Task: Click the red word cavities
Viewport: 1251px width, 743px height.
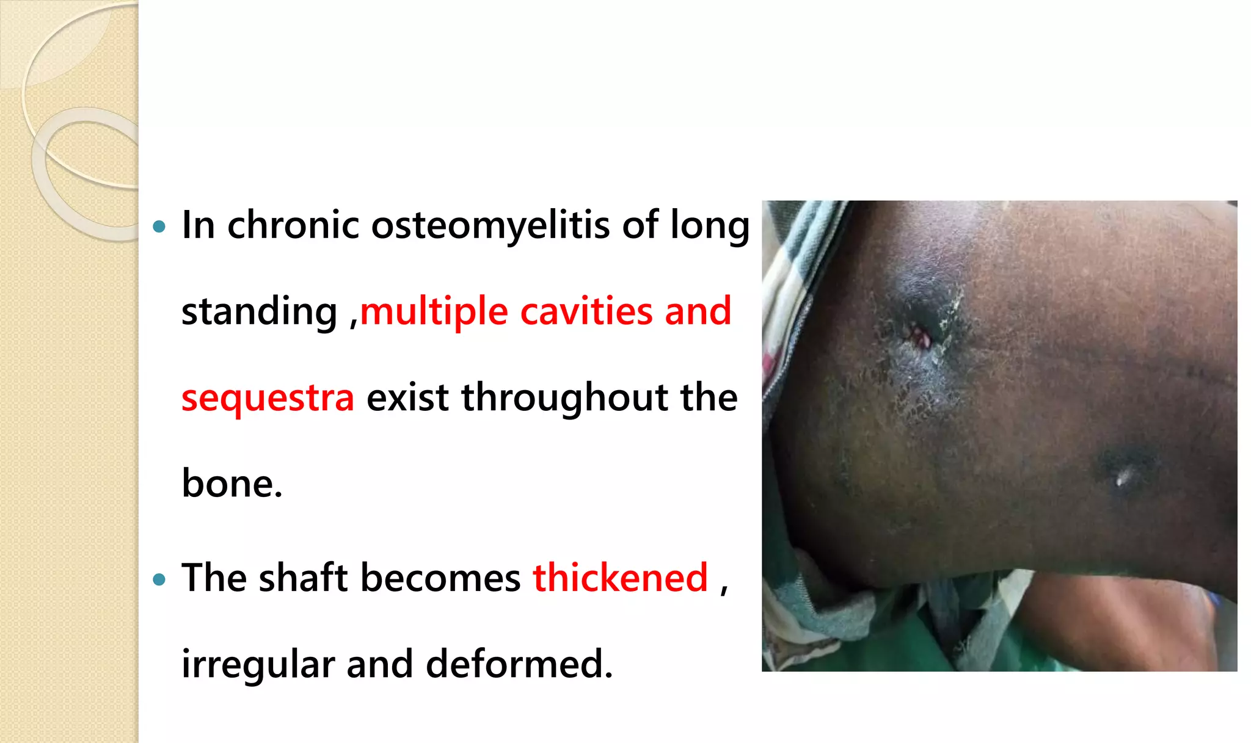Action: pyautogui.click(x=586, y=311)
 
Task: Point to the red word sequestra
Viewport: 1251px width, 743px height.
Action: pyautogui.click(x=268, y=398)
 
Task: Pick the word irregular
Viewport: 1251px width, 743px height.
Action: pyautogui.click(x=257, y=664)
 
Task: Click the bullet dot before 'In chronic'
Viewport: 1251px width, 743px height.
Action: pyautogui.click(x=160, y=227)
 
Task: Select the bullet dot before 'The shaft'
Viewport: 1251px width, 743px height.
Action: pyautogui.click(x=160, y=579)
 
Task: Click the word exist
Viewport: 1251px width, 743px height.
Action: pyautogui.click(x=407, y=397)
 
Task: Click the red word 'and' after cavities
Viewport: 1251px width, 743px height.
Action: pyautogui.click(x=698, y=311)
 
